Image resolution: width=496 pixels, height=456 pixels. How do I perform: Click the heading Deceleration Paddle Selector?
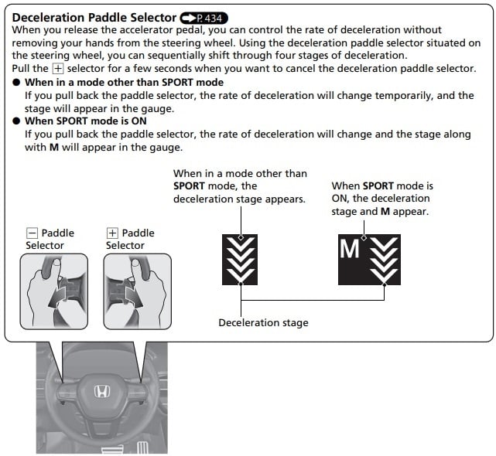tap(94, 17)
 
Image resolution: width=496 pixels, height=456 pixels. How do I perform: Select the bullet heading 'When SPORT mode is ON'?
tap(84, 121)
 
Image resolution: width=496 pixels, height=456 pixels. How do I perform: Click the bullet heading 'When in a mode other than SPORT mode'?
tap(124, 82)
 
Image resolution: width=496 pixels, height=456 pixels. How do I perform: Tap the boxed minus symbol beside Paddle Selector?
tap(32, 233)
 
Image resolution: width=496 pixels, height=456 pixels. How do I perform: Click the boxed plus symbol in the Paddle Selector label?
tap(112, 233)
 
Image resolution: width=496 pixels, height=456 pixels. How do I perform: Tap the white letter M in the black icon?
tap(351, 249)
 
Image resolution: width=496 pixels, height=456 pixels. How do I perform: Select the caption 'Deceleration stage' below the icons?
tap(263, 323)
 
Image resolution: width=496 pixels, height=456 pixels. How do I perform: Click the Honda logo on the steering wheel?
tap(102, 392)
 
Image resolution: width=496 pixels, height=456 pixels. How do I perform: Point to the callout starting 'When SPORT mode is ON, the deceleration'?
tap(381, 199)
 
